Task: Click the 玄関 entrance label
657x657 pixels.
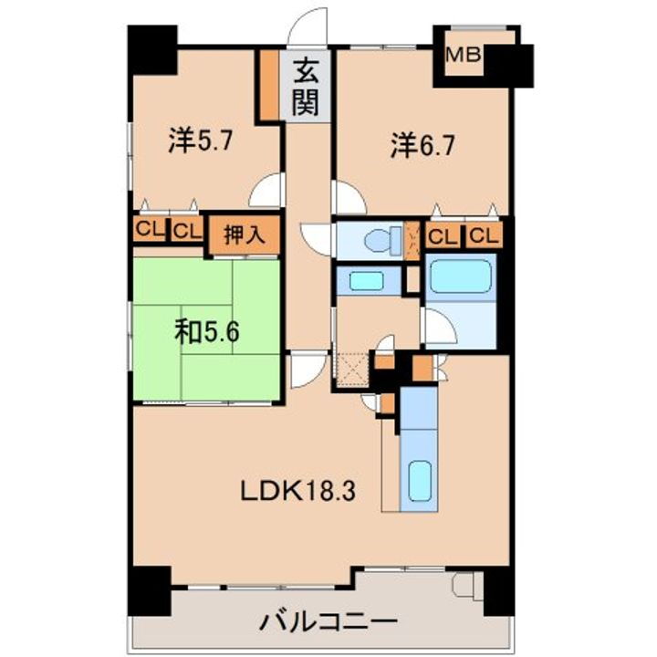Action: point(306,86)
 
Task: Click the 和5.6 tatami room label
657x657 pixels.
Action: point(206,331)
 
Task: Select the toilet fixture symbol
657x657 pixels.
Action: point(378,242)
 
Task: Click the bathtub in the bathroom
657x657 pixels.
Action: point(461,275)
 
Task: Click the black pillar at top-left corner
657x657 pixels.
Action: point(151,52)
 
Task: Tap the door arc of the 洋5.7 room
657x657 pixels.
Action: point(267,192)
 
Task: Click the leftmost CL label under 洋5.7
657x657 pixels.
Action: point(147,231)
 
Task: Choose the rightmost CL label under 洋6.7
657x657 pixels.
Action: point(485,237)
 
